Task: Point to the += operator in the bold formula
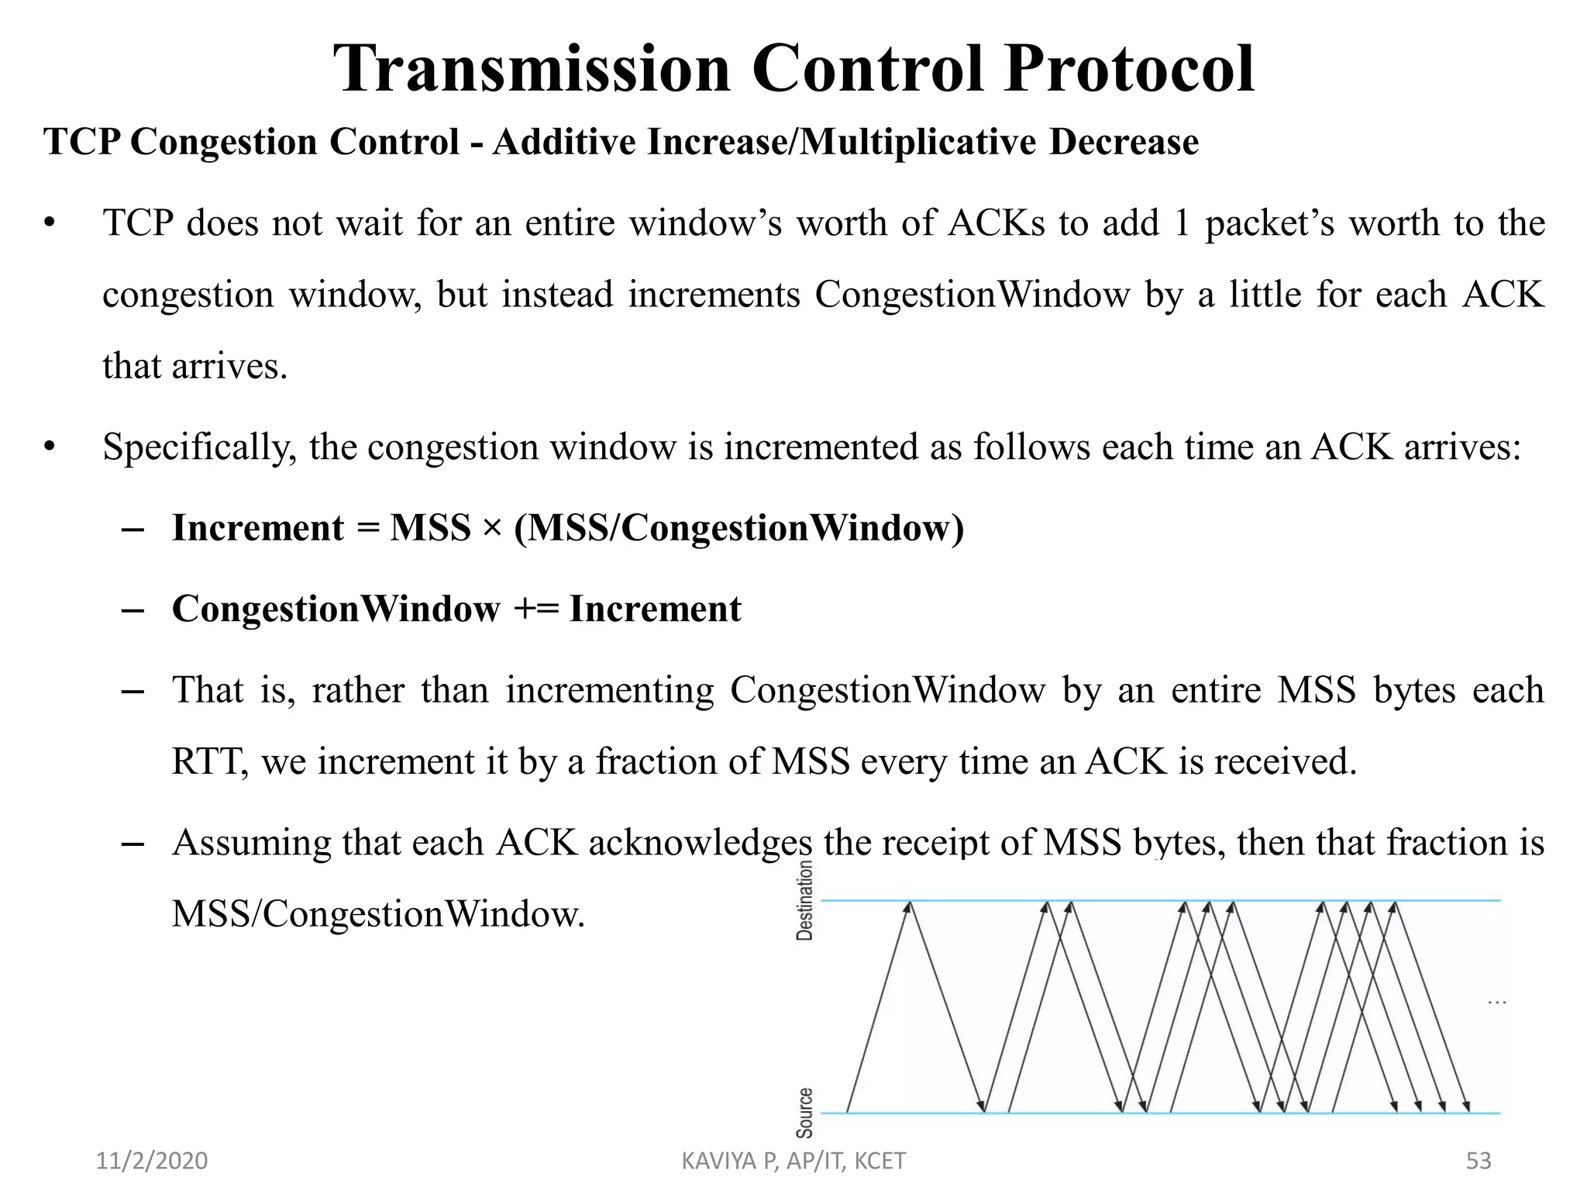coord(535,609)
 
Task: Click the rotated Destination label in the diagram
coord(805,900)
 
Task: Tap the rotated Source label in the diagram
coord(805,1113)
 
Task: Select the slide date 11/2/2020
coord(152,1161)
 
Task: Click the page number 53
coord(1479,1161)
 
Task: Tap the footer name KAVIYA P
coord(728,1161)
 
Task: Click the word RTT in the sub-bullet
coord(209,762)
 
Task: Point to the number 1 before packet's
coord(1182,224)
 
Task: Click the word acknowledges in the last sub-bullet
coord(701,844)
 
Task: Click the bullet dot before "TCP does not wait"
coord(50,224)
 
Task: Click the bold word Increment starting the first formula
coord(257,529)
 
